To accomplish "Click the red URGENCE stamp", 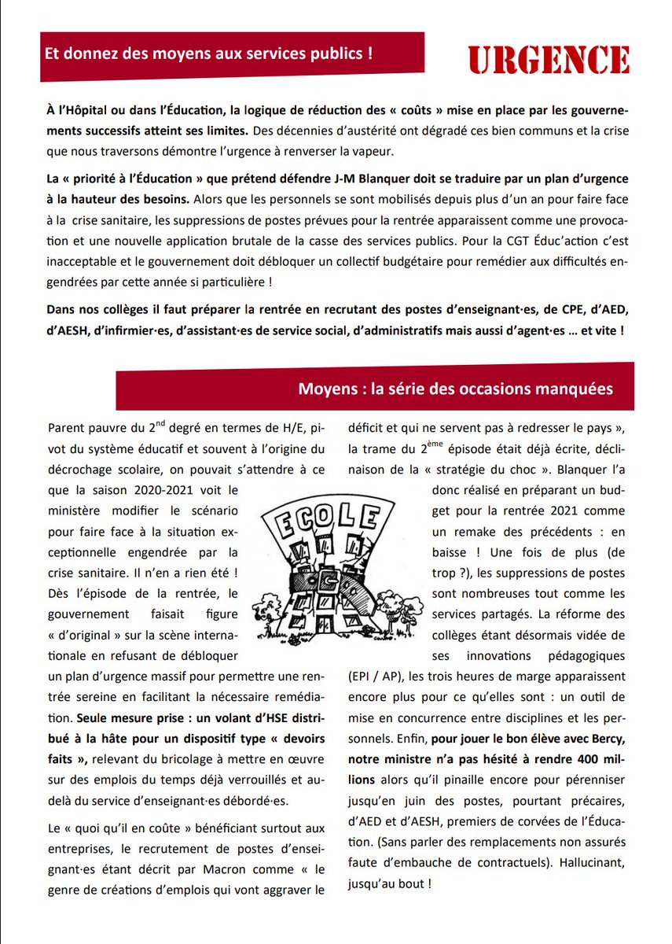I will [549, 60].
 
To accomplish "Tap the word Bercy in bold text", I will [604, 738].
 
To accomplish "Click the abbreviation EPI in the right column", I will [359, 676].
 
